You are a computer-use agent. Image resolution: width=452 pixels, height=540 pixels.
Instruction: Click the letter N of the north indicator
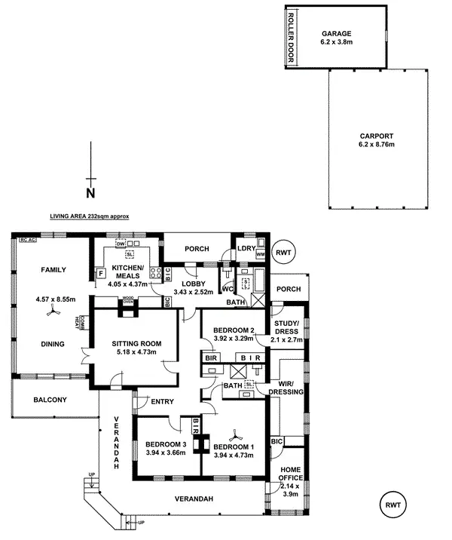point(90,193)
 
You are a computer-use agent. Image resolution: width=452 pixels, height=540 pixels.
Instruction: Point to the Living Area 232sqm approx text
point(89,216)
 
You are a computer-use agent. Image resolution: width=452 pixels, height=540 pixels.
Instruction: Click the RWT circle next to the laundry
point(284,252)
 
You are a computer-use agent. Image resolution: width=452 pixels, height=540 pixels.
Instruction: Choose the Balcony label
point(50,400)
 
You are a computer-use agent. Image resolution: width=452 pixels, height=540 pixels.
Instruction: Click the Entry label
point(162,401)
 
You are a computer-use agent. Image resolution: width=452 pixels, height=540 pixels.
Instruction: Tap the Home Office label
point(291,473)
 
